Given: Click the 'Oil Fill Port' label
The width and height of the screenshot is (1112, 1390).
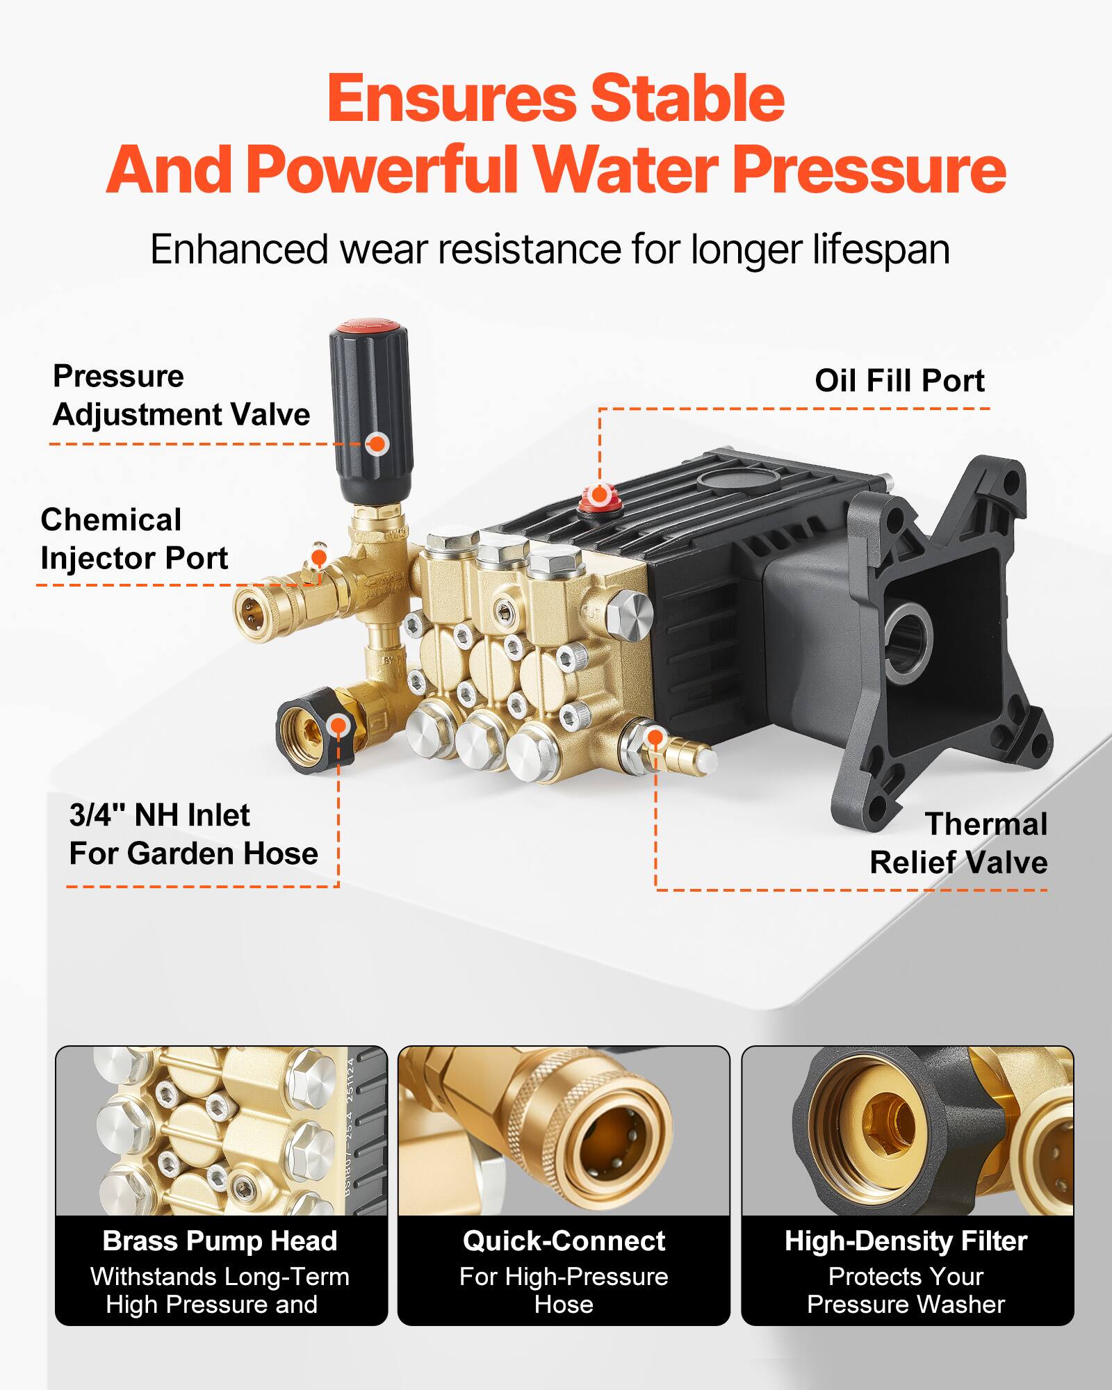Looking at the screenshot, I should coord(899,381).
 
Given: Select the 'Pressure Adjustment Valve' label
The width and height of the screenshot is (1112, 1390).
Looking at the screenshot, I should coord(181,395).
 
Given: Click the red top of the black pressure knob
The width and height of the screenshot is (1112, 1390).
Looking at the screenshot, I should coord(368,326).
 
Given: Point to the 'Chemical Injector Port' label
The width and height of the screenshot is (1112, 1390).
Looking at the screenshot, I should coord(133,539).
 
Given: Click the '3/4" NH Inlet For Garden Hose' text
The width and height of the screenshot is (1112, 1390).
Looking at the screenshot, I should coord(193,834).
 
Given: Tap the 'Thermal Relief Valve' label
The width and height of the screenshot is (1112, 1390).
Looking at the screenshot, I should coord(958,843).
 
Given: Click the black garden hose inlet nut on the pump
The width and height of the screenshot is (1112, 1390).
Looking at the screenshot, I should coord(316,730).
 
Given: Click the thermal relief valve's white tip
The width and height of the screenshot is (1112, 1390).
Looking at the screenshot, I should coord(706,755).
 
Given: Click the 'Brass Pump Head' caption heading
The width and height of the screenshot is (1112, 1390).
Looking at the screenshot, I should coord(220,1241).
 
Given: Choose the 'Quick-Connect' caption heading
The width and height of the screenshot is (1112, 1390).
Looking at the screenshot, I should coord(564,1241).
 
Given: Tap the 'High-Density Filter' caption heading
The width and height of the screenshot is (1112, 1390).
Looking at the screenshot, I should coord(906,1241).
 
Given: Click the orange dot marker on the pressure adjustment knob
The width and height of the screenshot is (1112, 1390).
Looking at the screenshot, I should coord(377,443).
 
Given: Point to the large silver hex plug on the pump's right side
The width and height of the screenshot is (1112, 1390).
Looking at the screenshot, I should coord(630,613).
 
